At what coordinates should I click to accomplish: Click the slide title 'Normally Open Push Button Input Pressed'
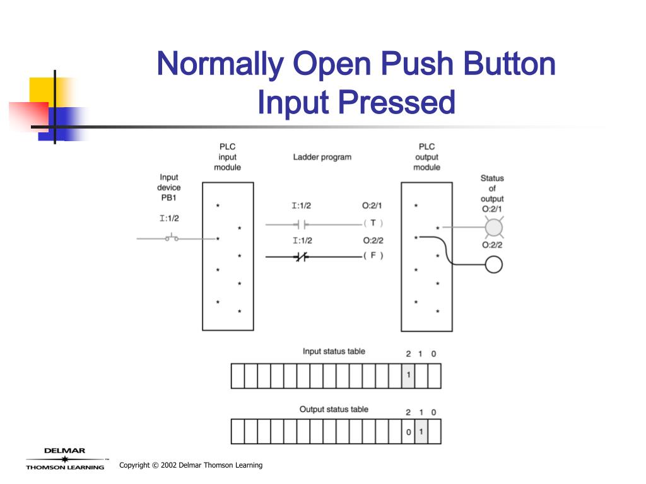pos(356,83)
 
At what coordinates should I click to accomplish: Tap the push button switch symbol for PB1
pos(171,238)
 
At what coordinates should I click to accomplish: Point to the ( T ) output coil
pos(373,223)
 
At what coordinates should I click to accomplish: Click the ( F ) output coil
pos(373,255)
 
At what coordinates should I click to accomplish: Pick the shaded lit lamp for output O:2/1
pos(493,228)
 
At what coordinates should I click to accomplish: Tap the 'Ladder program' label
pos(322,157)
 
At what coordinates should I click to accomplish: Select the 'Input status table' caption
pos(334,351)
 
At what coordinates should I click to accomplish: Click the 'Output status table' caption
pos(334,410)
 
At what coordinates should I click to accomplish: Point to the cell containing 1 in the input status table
pos(408,376)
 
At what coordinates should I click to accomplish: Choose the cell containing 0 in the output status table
pos(408,432)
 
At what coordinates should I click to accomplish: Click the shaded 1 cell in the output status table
pos(421,432)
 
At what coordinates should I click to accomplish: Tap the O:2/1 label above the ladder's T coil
pos(372,205)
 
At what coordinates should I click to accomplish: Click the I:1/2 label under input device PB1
pos(168,219)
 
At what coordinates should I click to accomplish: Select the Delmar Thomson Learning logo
pos(65,459)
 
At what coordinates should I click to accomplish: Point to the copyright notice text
pos(191,465)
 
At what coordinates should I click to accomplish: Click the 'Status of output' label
pos(492,188)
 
